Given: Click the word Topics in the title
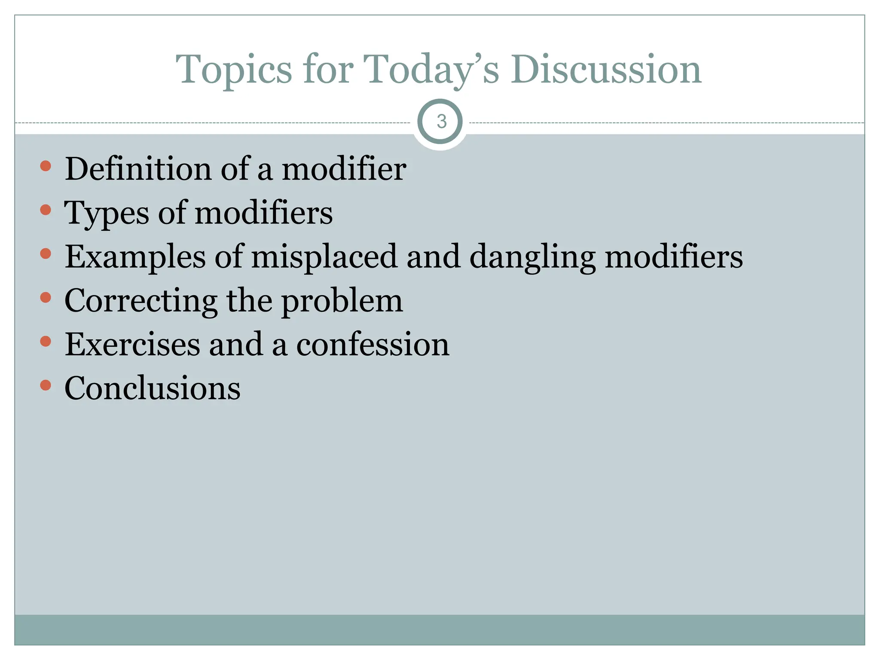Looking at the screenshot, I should (x=234, y=70).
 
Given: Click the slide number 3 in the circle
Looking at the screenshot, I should (x=441, y=122).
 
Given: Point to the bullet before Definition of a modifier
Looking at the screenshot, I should (x=46, y=166).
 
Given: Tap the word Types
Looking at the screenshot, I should (x=107, y=213).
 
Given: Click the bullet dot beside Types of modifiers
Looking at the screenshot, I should (x=46, y=210).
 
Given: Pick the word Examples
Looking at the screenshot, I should (x=135, y=257).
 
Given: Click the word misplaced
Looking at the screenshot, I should (x=324, y=257).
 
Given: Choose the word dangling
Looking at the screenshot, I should (x=533, y=257).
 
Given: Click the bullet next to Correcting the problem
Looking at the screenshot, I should (x=46, y=297).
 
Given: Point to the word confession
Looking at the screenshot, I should (x=373, y=345).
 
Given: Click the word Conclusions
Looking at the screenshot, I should (x=153, y=388).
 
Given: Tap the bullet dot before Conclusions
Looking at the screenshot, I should (x=46, y=385).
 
